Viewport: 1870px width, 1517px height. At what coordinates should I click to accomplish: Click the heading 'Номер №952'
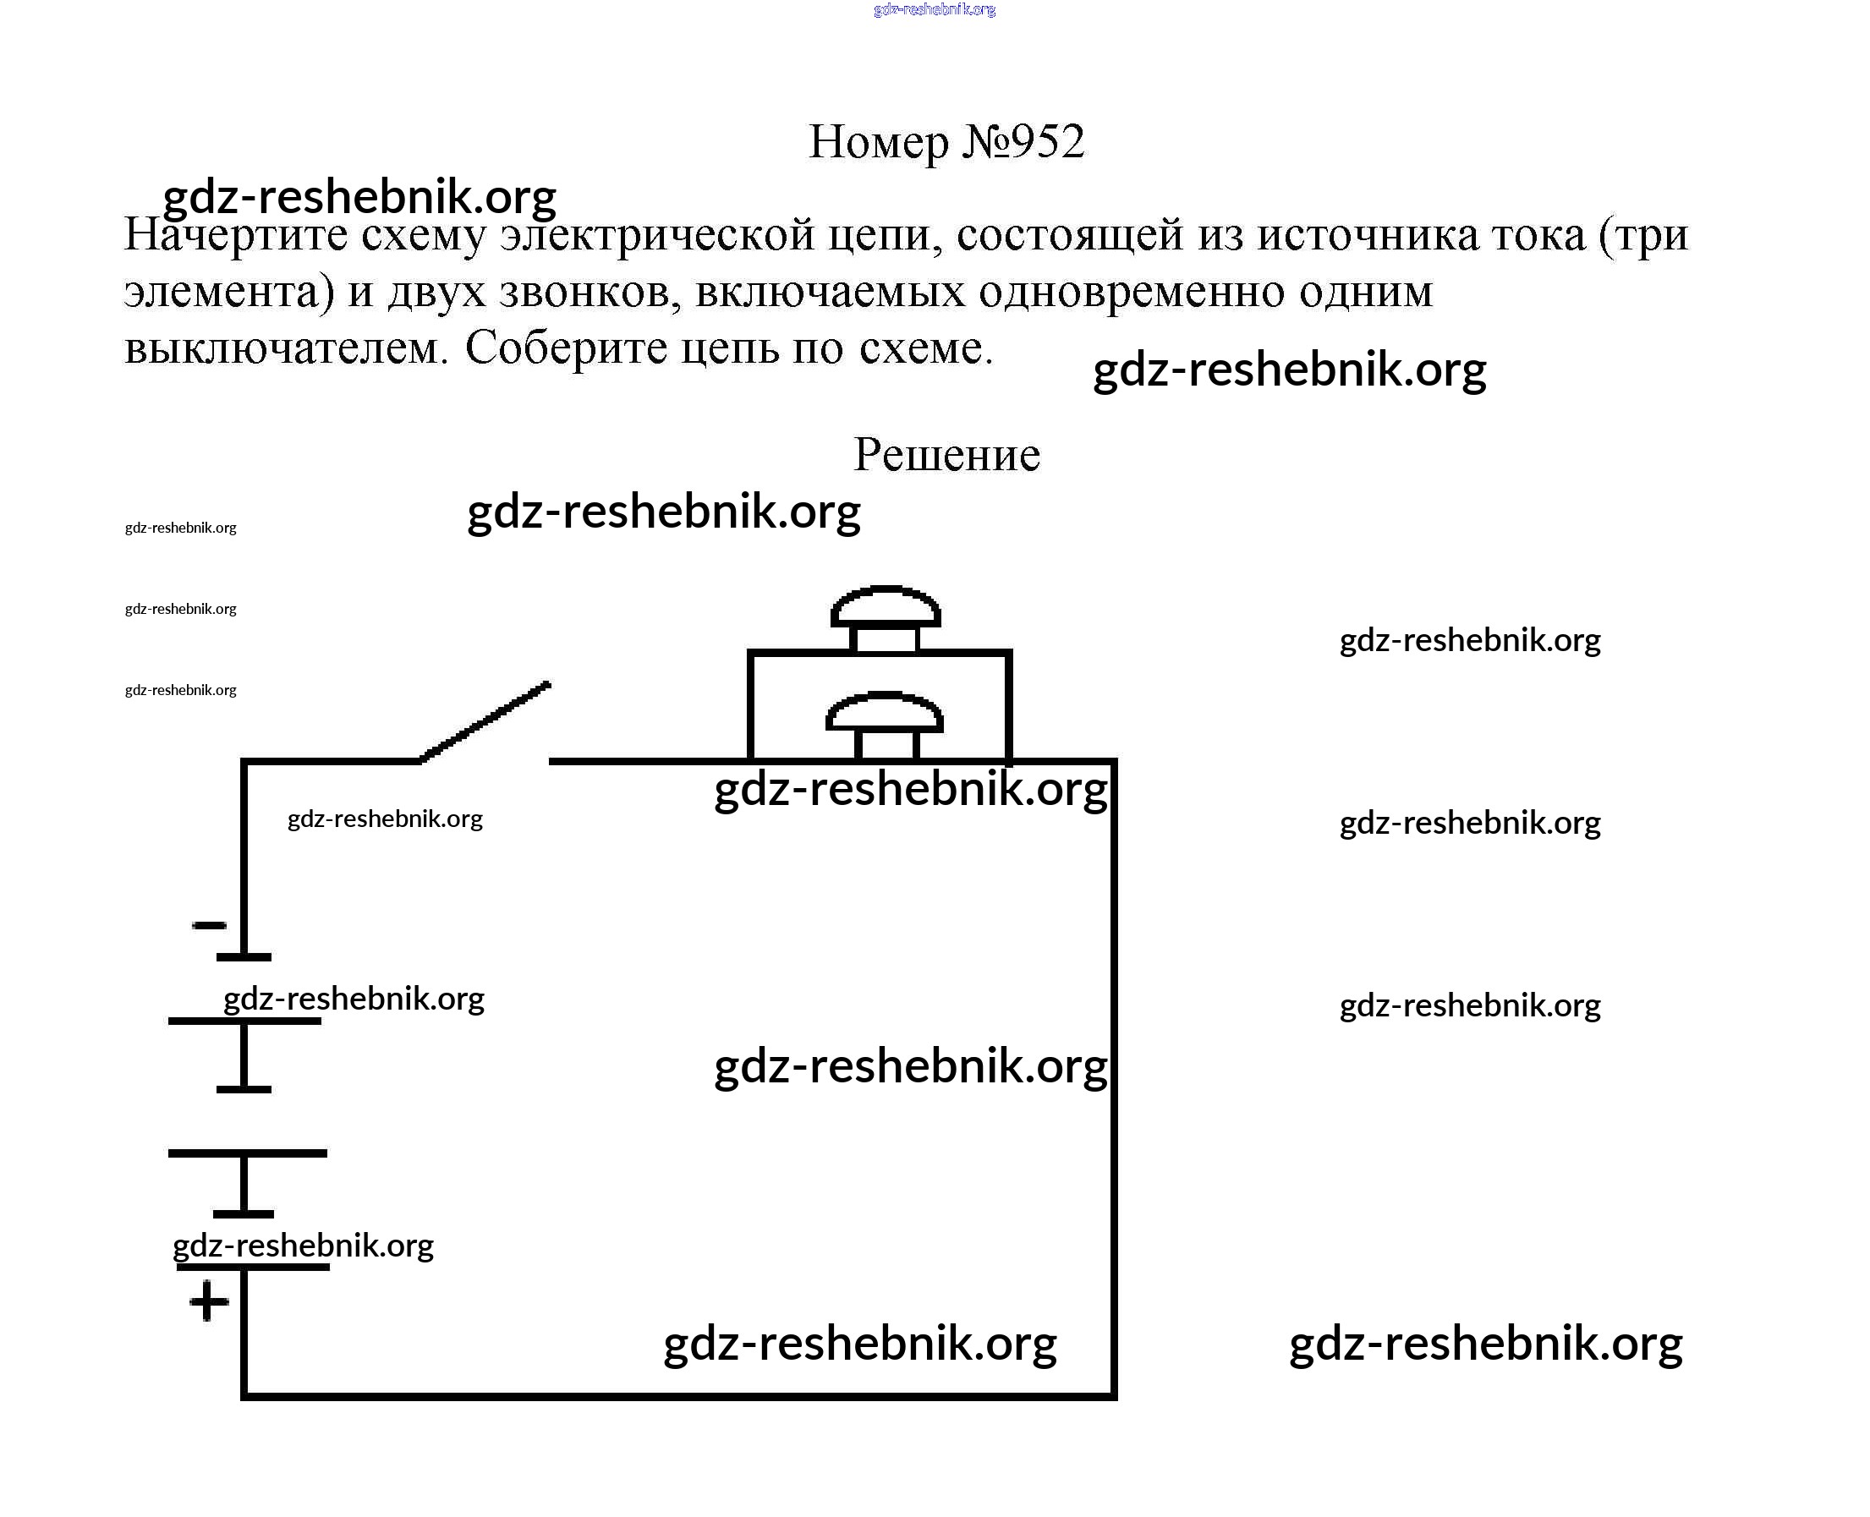(x=946, y=141)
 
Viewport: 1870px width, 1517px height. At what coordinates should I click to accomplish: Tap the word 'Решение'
(x=946, y=454)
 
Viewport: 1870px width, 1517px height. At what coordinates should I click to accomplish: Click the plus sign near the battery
(x=209, y=1302)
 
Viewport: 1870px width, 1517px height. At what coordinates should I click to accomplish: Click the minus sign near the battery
(x=209, y=924)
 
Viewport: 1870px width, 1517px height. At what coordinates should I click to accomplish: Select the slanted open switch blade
(x=485, y=722)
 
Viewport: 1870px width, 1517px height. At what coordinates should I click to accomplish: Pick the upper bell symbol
(x=886, y=617)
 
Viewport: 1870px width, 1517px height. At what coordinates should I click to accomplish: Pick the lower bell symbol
(x=885, y=724)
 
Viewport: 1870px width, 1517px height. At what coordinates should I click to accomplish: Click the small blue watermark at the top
(x=934, y=9)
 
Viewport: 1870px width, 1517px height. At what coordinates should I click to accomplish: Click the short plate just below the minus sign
(x=244, y=957)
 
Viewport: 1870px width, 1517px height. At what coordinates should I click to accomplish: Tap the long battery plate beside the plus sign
(x=253, y=1266)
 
